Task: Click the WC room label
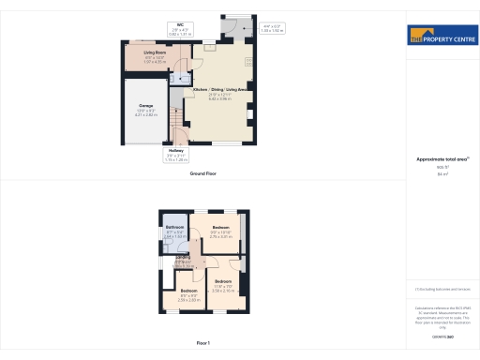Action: (x=182, y=26)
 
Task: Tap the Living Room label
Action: (x=154, y=53)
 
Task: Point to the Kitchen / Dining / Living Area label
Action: (x=225, y=90)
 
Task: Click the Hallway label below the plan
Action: (x=175, y=150)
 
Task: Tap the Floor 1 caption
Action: (x=203, y=344)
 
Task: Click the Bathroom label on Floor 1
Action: (x=175, y=228)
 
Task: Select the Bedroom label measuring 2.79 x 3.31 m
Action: (x=221, y=228)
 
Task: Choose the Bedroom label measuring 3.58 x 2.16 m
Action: (x=223, y=281)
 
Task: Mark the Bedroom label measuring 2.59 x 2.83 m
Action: (x=189, y=291)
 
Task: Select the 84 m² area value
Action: (x=442, y=174)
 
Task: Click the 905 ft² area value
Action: (x=442, y=168)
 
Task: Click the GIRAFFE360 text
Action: (x=442, y=336)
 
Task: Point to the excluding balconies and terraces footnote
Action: (x=442, y=288)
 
